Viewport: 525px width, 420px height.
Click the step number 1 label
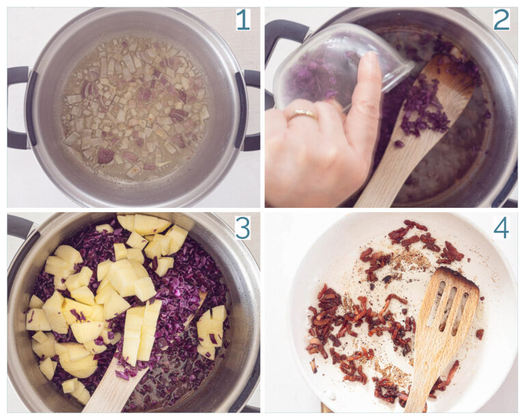(243, 20)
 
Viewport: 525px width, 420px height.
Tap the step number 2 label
(501, 20)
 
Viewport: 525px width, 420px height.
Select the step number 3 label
(243, 227)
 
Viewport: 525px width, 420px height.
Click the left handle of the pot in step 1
(18, 107)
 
